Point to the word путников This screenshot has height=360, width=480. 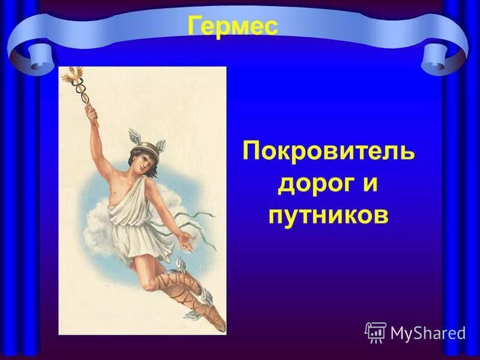pyautogui.click(x=328, y=214)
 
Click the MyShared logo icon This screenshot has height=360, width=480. pyautogui.click(x=375, y=332)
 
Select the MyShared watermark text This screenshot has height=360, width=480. pyautogui.click(x=428, y=332)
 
